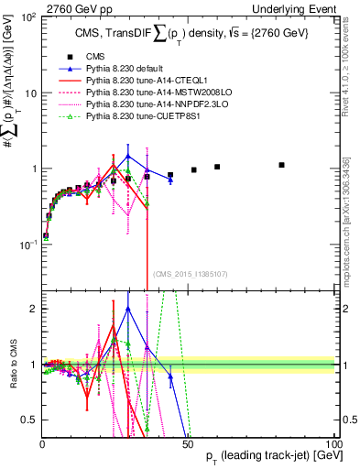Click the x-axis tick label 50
[190, 442]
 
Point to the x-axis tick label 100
[334, 442]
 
